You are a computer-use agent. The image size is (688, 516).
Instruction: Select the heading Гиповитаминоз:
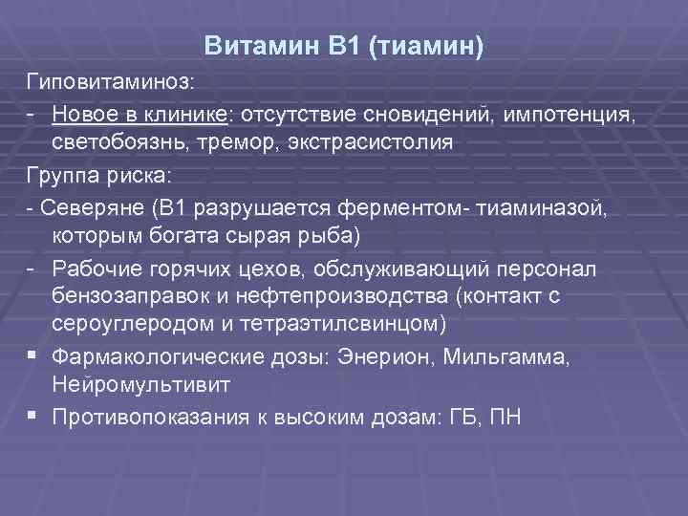click(x=109, y=87)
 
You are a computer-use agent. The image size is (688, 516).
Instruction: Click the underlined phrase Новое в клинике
click(x=140, y=116)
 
